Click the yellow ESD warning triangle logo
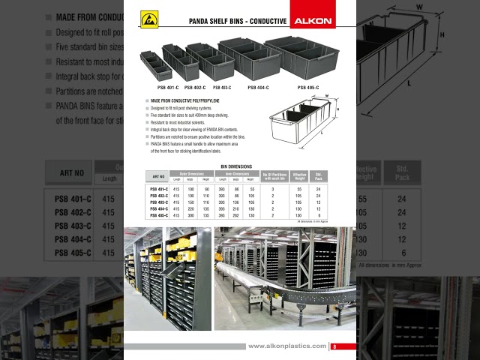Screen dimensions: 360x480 [x=149, y=19]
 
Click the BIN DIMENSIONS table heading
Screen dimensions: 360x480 [x=236, y=166]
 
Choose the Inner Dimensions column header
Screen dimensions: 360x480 [x=236, y=173]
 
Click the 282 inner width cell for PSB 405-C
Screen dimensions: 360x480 [x=236, y=215]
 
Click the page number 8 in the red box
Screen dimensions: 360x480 [x=334, y=346]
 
